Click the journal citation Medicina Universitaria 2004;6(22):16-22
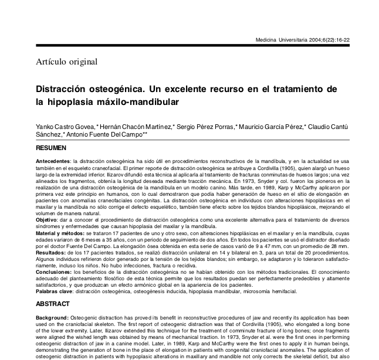303,40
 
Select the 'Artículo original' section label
66,62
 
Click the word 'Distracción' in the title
64,89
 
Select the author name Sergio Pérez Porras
205,127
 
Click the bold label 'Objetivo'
46,219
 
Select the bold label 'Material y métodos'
58,233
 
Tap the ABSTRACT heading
53,304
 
